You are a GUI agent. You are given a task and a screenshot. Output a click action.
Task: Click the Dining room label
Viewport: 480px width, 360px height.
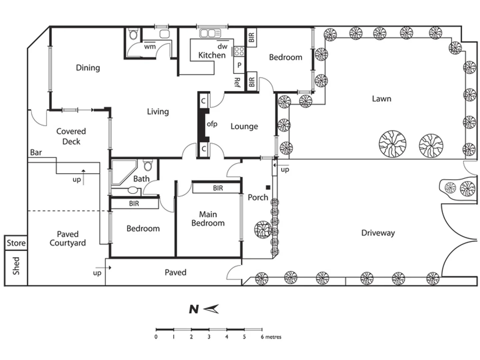(88, 68)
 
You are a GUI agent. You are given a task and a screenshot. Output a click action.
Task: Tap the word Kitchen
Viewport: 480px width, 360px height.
(212, 55)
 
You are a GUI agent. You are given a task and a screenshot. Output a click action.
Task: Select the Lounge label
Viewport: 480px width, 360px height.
(244, 126)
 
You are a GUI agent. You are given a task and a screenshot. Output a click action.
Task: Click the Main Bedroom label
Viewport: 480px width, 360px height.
(208, 219)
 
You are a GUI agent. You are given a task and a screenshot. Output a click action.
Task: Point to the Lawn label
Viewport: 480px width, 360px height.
(381, 99)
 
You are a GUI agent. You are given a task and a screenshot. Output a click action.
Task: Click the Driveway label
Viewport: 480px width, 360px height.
(378, 233)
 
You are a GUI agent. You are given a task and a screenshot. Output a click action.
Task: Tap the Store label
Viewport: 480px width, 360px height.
(16, 243)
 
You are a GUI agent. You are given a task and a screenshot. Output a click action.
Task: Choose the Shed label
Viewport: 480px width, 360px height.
(16, 266)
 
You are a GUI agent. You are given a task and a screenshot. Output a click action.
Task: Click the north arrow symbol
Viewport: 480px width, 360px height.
(211, 309)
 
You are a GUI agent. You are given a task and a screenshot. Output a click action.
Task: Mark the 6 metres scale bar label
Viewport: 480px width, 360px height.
(271, 337)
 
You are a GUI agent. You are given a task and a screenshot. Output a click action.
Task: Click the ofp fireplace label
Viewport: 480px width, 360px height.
(212, 124)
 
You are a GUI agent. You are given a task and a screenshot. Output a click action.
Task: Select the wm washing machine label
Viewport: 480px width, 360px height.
(150, 47)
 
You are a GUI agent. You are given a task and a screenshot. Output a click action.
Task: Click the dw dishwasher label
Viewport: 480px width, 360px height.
(222, 46)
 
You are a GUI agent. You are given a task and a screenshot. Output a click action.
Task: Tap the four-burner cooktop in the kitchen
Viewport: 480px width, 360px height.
(239, 51)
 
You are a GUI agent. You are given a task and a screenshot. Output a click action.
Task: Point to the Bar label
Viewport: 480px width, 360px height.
(36, 152)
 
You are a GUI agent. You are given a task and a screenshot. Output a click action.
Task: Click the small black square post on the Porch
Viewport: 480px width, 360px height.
(268, 188)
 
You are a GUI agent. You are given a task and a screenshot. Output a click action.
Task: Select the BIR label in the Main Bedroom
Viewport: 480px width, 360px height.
(218, 188)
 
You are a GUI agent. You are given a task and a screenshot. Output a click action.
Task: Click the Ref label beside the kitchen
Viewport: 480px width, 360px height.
(237, 82)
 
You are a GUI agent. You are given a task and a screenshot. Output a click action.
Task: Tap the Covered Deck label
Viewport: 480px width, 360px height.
(71, 136)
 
